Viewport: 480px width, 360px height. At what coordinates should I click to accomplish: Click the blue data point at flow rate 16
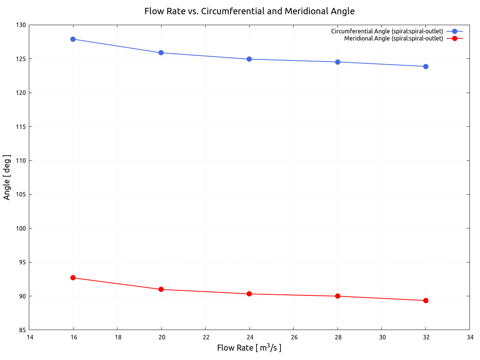click(73, 39)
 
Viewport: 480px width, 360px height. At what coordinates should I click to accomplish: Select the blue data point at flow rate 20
click(161, 52)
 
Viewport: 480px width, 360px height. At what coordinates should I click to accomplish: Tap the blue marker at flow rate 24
click(249, 59)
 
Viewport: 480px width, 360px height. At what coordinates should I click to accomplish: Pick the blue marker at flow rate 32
click(426, 66)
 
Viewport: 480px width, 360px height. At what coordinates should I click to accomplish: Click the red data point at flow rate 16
click(73, 278)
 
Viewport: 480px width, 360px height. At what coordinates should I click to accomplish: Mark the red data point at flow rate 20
click(161, 289)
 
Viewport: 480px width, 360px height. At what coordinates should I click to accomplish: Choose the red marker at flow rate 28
click(337, 296)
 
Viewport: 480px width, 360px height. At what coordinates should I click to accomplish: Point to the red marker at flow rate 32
click(426, 300)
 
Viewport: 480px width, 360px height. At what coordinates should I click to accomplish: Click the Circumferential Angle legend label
click(387, 31)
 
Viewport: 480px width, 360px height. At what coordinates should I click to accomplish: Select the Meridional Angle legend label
click(393, 38)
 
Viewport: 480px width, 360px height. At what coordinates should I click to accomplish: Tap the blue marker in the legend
click(455, 31)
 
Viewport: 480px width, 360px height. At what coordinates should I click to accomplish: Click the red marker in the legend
click(455, 38)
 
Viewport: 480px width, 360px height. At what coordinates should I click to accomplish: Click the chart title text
click(249, 11)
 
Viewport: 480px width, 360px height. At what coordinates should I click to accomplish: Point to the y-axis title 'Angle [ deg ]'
click(7, 177)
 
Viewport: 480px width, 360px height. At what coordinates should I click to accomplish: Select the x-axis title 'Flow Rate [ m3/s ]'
click(249, 348)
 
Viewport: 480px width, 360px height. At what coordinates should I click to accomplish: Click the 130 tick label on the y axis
click(21, 25)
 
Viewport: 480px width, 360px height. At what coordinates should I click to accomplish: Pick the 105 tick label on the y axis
click(21, 195)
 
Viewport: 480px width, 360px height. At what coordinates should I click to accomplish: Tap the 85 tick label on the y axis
click(22, 330)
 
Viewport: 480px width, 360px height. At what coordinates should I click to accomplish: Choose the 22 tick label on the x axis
click(206, 337)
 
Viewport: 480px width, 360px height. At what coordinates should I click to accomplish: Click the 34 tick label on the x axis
click(470, 337)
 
